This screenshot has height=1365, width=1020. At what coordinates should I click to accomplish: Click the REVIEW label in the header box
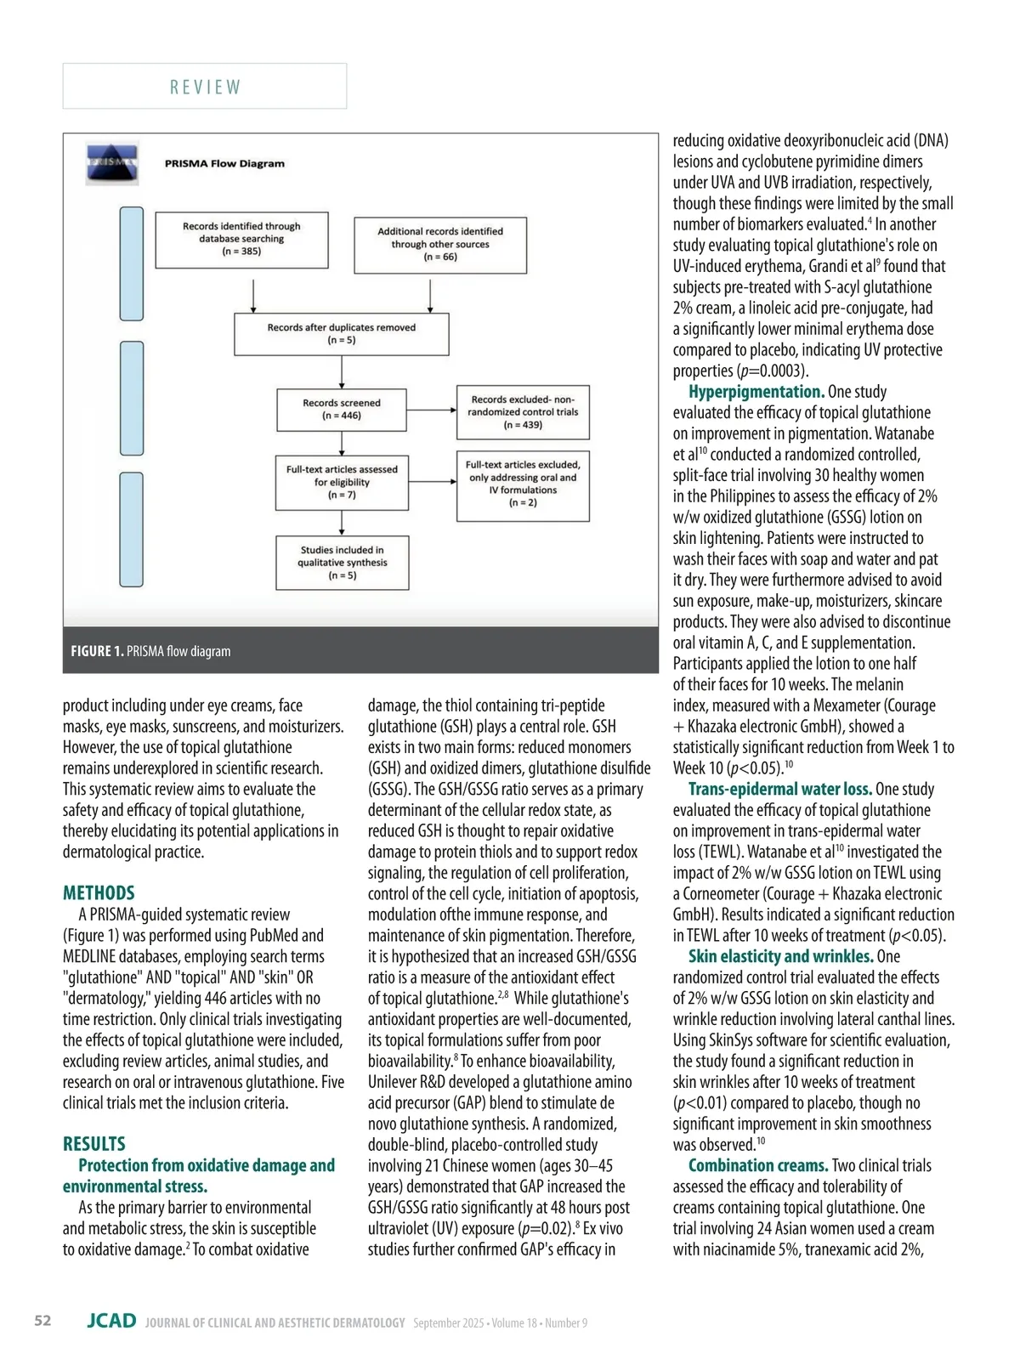coord(205,88)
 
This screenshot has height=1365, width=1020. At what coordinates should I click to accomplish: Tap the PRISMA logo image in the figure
coord(111,164)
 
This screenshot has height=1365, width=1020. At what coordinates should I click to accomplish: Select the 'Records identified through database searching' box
coord(241,239)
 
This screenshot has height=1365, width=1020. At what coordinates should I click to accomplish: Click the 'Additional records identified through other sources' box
coord(440,244)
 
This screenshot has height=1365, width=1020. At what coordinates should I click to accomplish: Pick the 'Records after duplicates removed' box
coord(341,333)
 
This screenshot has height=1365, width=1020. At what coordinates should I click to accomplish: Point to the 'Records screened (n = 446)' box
coord(342,410)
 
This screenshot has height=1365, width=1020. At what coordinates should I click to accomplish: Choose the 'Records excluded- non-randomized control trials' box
coord(523,411)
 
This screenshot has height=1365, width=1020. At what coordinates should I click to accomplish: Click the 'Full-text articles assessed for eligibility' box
coord(342,482)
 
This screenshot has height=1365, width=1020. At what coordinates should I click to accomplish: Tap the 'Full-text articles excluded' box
coord(523,484)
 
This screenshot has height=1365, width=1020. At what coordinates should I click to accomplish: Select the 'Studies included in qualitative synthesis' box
coord(342,563)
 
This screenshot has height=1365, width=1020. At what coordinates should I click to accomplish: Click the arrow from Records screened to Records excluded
coord(432,410)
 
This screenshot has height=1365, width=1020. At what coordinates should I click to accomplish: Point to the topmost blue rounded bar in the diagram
coord(132,263)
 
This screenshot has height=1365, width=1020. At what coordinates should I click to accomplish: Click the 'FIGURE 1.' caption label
coord(97,651)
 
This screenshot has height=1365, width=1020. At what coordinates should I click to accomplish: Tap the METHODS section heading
coord(99,892)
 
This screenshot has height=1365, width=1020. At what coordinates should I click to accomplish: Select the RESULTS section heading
coord(94,1143)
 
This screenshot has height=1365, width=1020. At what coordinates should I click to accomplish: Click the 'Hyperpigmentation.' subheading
coord(756,392)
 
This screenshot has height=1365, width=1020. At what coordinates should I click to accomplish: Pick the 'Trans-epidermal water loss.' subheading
coord(779,789)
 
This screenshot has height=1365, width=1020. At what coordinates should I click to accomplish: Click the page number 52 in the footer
coord(42,1320)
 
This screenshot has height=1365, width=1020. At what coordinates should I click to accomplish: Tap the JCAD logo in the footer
coord(111,1321)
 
